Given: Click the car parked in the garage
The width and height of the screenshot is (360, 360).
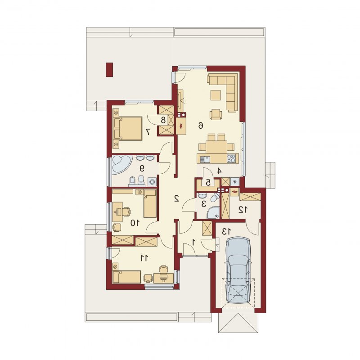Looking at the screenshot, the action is tap(238, 270).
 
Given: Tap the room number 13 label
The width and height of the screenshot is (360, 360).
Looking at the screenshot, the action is tap(226, 232).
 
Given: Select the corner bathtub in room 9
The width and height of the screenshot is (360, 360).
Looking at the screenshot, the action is tap(122, 165).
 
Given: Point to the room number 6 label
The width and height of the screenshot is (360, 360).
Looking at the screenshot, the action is tap(201, 126).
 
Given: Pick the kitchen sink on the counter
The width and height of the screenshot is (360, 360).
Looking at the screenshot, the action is tap(205, 159).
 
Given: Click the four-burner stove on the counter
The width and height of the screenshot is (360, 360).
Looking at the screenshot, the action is tap(231, 158).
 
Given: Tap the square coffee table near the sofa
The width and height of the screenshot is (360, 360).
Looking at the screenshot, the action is tap(216, 95).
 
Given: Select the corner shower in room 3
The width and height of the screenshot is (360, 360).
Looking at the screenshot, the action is tap(213, 212).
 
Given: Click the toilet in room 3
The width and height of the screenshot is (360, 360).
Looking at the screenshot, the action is tap(216, 197).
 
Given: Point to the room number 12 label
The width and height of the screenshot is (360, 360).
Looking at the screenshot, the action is tap(243, 209).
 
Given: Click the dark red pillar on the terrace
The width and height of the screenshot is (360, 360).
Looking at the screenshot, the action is tap(109, 70).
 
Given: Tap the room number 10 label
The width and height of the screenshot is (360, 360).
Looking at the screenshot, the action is tap(135, 223).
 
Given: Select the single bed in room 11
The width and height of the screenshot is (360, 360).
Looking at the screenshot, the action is tap(126, 277).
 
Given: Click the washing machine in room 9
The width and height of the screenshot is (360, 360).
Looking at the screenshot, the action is tap(152, 182).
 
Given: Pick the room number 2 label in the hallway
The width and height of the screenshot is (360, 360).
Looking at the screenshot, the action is tap(176, 198).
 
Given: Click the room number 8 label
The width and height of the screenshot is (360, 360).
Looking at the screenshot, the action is tap(163, 120).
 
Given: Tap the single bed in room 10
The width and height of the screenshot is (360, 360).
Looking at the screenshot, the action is tap(150, 203).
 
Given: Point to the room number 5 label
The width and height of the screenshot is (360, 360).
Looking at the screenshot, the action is tap(208, 183).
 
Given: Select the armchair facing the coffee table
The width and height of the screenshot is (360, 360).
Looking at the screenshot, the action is tap(216, 114).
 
